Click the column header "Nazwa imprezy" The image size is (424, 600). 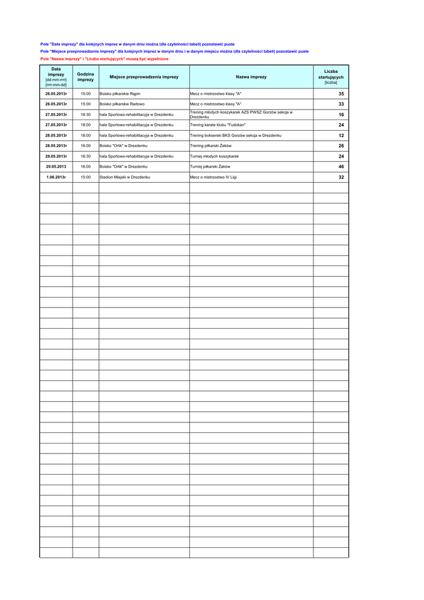[251, 77]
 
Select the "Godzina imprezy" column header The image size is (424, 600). [86, 77]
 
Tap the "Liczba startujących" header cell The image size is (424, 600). [331, 77]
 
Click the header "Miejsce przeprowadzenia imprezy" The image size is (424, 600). [144, 77]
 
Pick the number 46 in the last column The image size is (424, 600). [341, 167]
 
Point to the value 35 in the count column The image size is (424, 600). [341, 94]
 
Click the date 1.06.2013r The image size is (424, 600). [56, 177]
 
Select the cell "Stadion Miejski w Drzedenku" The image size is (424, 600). [125, 177]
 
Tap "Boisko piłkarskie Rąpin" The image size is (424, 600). [120, 94]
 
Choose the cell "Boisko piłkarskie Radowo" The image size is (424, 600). [122, 104]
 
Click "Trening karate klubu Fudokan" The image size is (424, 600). [218, 125]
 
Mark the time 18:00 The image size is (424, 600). [86, 125]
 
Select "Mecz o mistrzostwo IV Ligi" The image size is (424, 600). [213, 177]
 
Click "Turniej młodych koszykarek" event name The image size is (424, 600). [214, 156]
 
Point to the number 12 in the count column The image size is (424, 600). [341, 135]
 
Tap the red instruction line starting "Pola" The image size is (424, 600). [104, 59]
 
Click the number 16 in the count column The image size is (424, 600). [341, 115]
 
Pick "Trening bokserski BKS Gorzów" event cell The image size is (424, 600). [235, 135]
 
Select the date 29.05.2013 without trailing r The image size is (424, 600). [56, 167]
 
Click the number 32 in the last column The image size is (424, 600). [341, 177]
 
